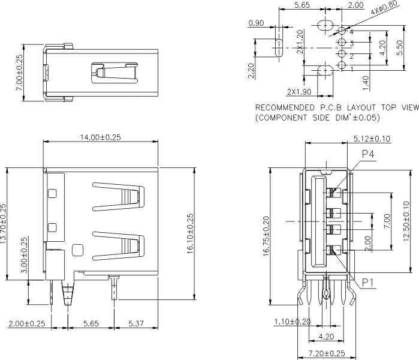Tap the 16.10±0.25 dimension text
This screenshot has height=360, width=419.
tap(191, 234)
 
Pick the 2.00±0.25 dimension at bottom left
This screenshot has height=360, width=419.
tap(27, 324)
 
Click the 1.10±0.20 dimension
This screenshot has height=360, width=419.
tap(293, 322)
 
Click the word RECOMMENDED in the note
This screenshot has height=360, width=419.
tap(285, 108)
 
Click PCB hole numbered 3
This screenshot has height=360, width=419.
tap(342, 43)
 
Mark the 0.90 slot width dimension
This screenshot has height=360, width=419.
tap(256, 23)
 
